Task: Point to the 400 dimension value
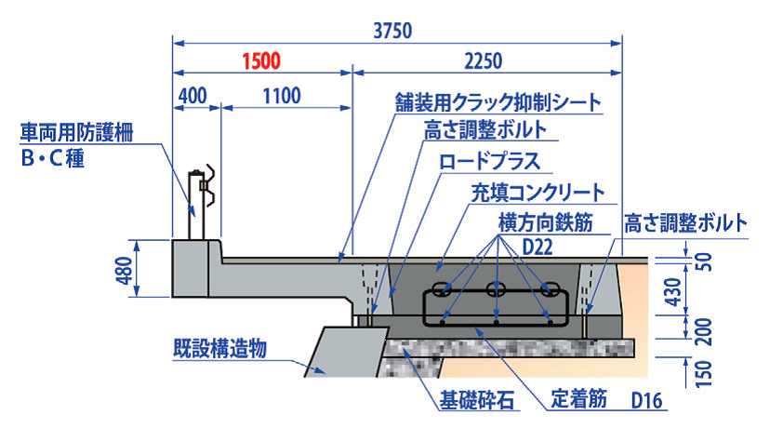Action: tap(192, 96)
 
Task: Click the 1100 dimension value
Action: tap(282, 96)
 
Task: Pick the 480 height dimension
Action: tap(123, 269)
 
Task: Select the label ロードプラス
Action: tap(489, 160)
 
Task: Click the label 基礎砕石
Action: tap(476, 404)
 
